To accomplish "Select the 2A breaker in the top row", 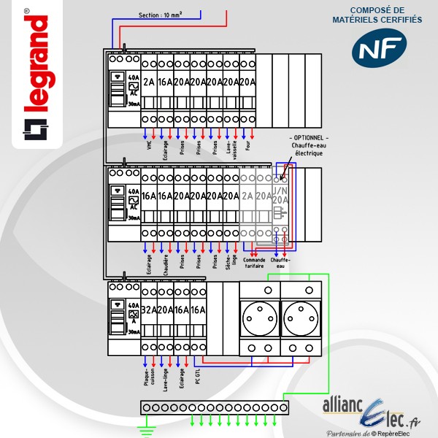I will coord(150,82).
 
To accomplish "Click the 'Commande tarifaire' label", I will coord(255,262).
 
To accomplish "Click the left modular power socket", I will coord(260,318).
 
